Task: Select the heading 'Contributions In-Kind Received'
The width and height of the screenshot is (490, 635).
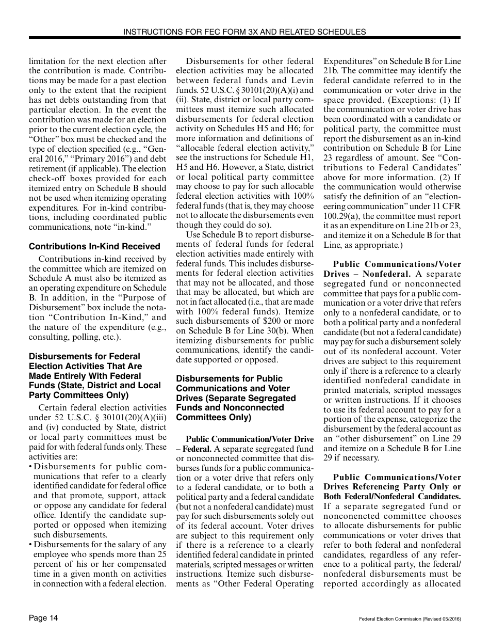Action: (94, 247)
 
